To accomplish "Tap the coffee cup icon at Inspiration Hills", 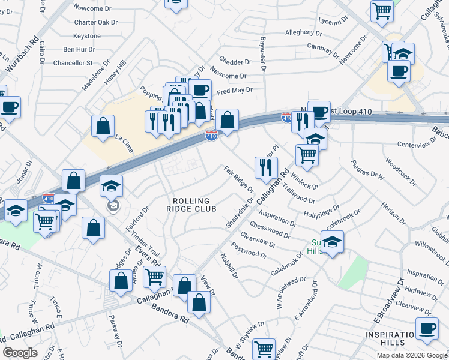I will (427, 329).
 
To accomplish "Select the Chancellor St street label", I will (74, 62).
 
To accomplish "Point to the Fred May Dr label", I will (235, 91).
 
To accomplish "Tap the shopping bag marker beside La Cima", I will (103, 126).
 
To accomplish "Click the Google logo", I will (20, 353).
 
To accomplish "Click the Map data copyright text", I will (403, 355).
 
